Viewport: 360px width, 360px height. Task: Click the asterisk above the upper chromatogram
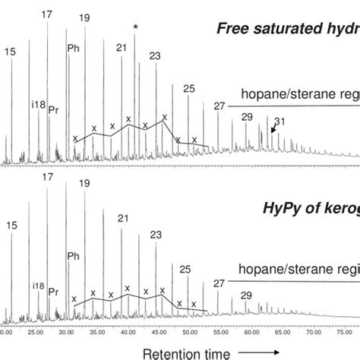[135, 27]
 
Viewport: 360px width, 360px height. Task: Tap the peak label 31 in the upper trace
[279, 122]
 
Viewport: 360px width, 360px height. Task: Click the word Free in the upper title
[233, 30]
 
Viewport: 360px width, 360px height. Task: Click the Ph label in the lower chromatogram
[74, 256]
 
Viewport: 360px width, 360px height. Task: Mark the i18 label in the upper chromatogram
[38, 104]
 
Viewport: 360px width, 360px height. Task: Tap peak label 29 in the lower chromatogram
[246, 295]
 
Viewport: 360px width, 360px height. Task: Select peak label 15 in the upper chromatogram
[10, 52]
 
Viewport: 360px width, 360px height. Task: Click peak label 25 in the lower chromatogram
[185, 269]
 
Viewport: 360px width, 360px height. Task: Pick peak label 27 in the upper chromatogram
[220, 106]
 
